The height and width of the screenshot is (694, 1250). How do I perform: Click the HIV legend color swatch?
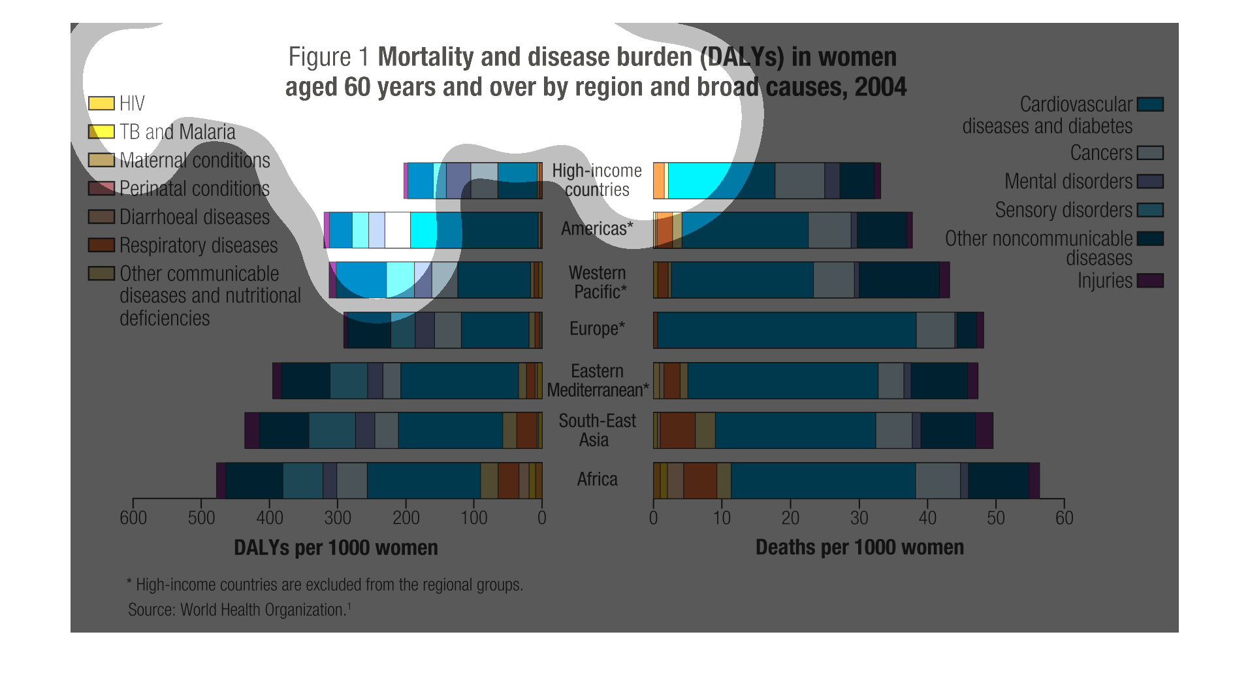tap(101, 103)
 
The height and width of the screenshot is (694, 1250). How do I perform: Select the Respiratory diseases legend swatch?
tap(101, 245)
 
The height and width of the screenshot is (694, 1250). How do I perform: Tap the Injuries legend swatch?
tap(1150, 281)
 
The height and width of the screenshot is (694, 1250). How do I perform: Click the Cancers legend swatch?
tap(1150, 153)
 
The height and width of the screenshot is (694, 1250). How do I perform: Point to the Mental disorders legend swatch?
tap(1150, 182)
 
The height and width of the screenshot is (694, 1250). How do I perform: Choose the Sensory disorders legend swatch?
tap(1150, 210)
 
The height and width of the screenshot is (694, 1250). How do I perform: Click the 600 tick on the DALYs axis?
tap(133, 518)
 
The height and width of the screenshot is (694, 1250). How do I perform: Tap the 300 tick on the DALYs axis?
tap(338, 518)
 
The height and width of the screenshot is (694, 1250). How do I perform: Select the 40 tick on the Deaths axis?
tap(927, 518)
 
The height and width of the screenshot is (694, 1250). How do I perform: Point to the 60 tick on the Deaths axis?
tap(1064, 518)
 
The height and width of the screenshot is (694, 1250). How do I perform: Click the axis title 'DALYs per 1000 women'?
tap(336, 548)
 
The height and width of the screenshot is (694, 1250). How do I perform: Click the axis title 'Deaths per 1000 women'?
tap(859, 548)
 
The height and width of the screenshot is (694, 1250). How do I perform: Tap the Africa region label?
tap(597, 480)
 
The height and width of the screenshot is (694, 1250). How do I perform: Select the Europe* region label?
tap(597, 329)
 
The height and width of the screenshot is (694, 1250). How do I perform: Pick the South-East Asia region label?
tap(597, 430)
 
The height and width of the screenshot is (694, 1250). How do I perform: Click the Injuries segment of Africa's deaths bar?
tap(1034, 480)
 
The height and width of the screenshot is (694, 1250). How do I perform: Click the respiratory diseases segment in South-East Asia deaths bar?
tap(677, 431)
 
